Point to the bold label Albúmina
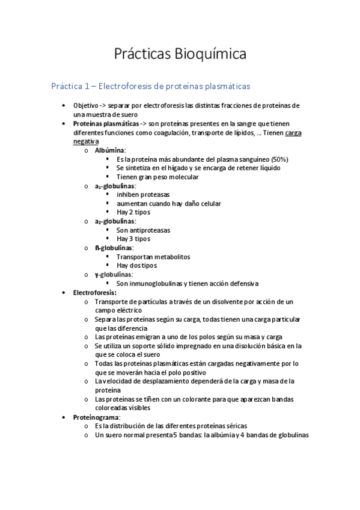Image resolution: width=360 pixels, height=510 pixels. coord(110,150)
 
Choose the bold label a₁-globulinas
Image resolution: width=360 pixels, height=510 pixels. coord(115,186)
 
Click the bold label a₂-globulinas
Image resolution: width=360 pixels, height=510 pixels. coord(115,221)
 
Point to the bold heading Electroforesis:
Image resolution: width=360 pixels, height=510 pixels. coord(94,292)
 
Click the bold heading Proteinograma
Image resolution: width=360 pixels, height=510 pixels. coord(96,417)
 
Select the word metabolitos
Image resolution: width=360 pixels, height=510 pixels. coord(169,257)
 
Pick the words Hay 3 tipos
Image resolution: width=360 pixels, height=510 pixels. coord(133,239)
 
